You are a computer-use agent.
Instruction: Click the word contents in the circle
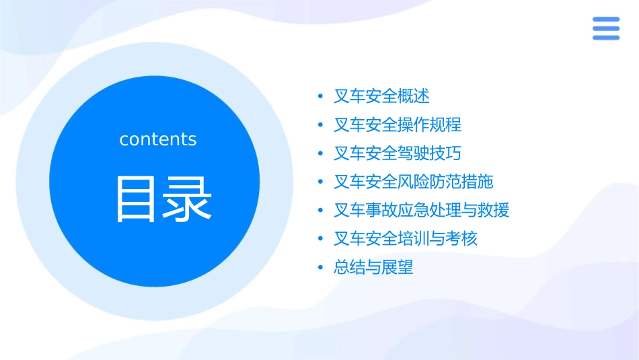click(158, 139)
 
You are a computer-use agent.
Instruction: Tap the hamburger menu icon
click(605, 28)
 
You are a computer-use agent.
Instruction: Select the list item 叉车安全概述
click(381, 96)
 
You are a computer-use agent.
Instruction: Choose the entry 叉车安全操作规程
click(398, 124)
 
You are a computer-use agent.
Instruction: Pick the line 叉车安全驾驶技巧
click(398, 153)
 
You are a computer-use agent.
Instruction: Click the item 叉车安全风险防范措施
click(414, 182)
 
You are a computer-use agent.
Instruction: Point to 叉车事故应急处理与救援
click(422, 210)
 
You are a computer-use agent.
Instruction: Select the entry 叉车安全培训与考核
click(406, 239)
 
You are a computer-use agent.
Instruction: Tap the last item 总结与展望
click(373, 267)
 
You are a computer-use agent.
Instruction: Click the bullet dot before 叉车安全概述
click(320, 96)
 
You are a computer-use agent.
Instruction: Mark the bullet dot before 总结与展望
click(320, 268)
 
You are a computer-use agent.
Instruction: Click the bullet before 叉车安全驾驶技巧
click(320, 153)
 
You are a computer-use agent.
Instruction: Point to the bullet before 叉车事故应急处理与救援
click(320, 211)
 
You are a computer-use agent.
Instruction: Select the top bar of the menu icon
click(605, 20)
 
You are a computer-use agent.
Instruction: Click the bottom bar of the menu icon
click(605, 37)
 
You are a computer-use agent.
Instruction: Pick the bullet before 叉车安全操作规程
click(320, 125)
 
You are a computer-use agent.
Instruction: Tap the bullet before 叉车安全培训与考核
click(320, 239)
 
